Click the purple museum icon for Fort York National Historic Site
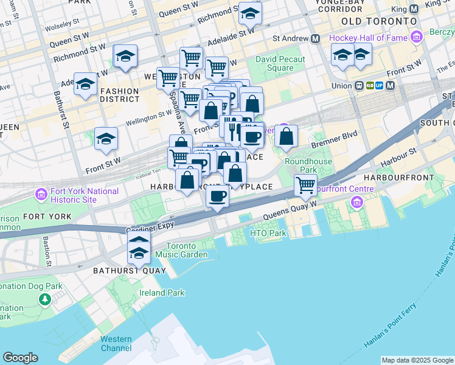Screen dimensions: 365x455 tap(41, 195)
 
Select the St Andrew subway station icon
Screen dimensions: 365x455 tap(316, 38)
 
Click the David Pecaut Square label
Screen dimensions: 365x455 tap(274, 63)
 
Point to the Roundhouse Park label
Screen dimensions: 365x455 tap(308, 165)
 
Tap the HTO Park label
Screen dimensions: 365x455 tap(268, 233)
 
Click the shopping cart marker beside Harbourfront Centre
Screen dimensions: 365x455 tap(305, 185)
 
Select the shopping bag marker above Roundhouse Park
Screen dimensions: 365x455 tap(286, 137)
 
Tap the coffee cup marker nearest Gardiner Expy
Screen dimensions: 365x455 tap(217, 196)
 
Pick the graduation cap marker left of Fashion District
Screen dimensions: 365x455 tap(85, 85)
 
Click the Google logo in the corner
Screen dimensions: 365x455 tap(20, 358)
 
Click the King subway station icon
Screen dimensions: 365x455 tap(414, 9)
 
